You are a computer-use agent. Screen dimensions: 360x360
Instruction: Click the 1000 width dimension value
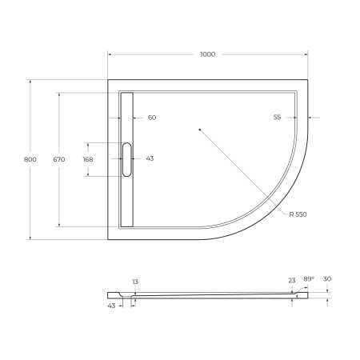tap(207, 54)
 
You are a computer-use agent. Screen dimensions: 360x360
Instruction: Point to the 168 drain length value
tap(88, 159)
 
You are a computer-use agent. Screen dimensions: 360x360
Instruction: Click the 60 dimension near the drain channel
tap(151, 118)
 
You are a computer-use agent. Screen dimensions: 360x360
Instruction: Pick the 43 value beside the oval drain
tap(150, 158)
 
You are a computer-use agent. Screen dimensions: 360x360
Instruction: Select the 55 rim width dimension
tap(277, 118)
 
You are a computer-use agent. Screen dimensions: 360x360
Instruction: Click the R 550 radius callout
tap(298, 214)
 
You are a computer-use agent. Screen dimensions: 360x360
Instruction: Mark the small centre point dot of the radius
tap(199, 129)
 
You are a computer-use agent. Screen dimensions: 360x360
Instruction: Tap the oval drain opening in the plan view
tap(126, 158)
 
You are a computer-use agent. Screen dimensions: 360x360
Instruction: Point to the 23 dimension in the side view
tap(293, 281)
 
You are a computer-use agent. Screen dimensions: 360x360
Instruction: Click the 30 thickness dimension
tap(328, 278)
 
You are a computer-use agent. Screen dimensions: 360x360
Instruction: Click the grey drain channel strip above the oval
tap(126, 116)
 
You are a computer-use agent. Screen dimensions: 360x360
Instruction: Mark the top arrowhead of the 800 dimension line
tap(30, 82)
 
